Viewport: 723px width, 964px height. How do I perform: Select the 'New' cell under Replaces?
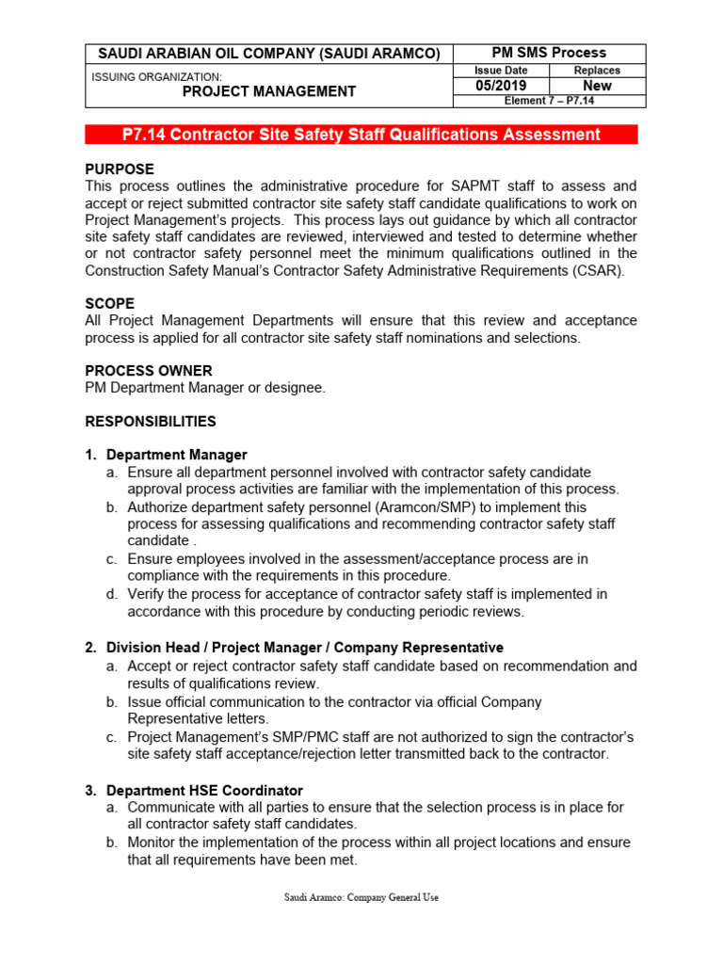click(x=597, y=86)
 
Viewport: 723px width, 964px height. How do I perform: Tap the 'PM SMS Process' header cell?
click(x=550, y=53)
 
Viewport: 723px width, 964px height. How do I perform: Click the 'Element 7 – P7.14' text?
click(x=550, y=101)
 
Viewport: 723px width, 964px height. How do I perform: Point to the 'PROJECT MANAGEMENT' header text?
click(x=268, y=91)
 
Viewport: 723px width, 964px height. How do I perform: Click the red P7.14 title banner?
click(x=361, y=135)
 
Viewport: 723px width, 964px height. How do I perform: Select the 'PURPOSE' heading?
click(x=120, y=169)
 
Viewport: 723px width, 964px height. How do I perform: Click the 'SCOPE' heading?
click(x=110, y=304)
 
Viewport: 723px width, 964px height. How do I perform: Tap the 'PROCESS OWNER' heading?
click(x=149, y=371)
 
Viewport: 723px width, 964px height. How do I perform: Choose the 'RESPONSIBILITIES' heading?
click(x=151, y=421)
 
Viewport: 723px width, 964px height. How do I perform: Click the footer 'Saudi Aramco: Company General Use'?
click(x=361, y=897)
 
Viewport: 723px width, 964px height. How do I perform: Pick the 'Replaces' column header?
click(x=597, y=71)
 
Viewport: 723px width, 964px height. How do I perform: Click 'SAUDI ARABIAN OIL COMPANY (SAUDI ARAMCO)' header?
click(x=268, y=55)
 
